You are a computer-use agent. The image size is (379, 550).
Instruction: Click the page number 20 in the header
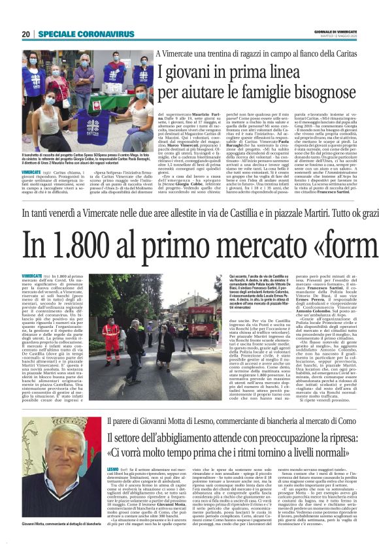tap(26, 34)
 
